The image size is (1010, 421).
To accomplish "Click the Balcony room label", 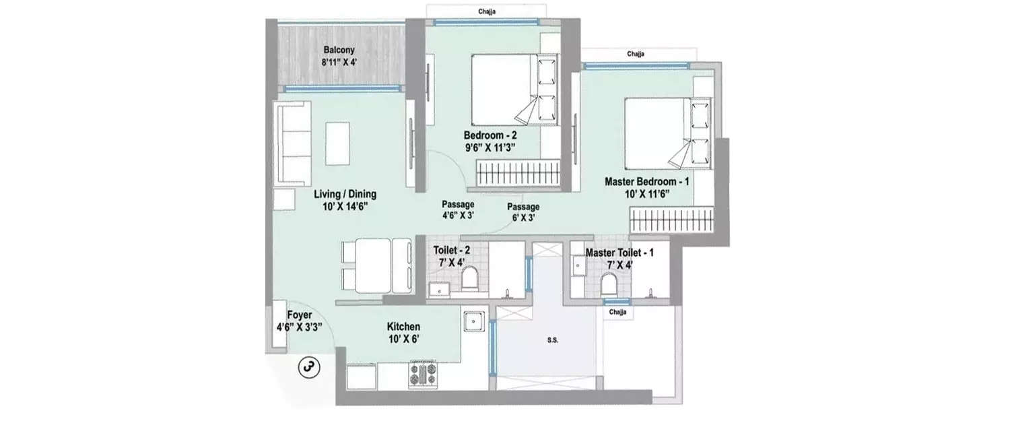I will point(339,51).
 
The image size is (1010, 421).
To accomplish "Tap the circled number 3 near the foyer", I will point(309,367).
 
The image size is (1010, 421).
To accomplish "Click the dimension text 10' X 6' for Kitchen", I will point(404,339).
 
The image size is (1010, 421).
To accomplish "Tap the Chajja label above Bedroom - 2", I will point(487,11).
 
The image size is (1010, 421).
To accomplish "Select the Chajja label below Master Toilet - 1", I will point(617,313).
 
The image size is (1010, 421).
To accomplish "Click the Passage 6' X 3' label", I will point(523,212).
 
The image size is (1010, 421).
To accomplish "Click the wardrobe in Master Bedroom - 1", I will point(670,220).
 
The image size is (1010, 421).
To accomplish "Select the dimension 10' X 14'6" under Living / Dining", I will point(345,207).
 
